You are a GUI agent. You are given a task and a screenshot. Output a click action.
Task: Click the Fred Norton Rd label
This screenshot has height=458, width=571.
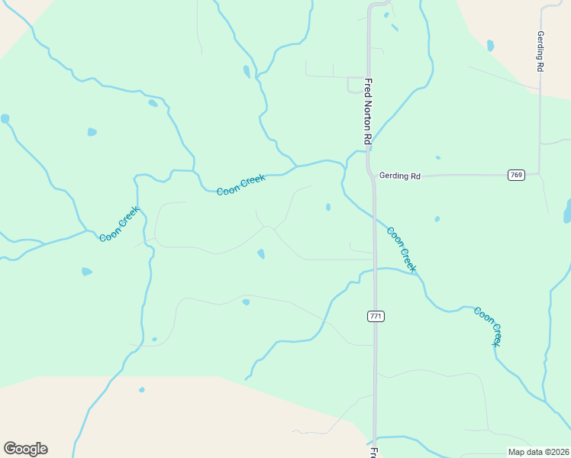367,111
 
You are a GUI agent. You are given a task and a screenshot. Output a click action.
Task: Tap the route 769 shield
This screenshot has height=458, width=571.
517,176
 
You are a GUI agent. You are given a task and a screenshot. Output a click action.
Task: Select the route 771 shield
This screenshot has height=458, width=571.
375,316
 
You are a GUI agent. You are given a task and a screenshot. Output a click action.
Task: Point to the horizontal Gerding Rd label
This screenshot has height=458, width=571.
400,176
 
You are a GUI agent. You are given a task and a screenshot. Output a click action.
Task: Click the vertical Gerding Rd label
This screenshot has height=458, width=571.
540,52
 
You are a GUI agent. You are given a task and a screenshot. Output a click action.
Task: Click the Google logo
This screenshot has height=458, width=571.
25,448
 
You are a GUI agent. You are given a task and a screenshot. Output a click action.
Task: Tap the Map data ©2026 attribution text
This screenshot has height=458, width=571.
539,452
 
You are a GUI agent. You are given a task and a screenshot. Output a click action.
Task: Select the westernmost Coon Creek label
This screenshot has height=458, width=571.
120,224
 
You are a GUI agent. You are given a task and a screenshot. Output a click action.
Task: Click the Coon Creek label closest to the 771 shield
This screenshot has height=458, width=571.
402,250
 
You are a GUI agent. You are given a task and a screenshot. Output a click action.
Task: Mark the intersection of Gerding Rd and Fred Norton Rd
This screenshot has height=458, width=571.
373,176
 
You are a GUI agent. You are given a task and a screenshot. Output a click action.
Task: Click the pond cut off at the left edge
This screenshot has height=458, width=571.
5,119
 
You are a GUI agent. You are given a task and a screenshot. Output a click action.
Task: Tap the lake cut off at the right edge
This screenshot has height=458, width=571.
567,211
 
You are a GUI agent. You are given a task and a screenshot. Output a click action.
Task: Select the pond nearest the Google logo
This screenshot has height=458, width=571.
141,389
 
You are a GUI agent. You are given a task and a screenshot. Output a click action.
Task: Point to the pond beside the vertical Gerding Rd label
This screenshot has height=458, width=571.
490,46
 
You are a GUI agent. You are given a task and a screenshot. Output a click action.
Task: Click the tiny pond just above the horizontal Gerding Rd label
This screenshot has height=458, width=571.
437,158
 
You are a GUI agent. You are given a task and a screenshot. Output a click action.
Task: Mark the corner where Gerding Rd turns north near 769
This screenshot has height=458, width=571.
539,174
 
